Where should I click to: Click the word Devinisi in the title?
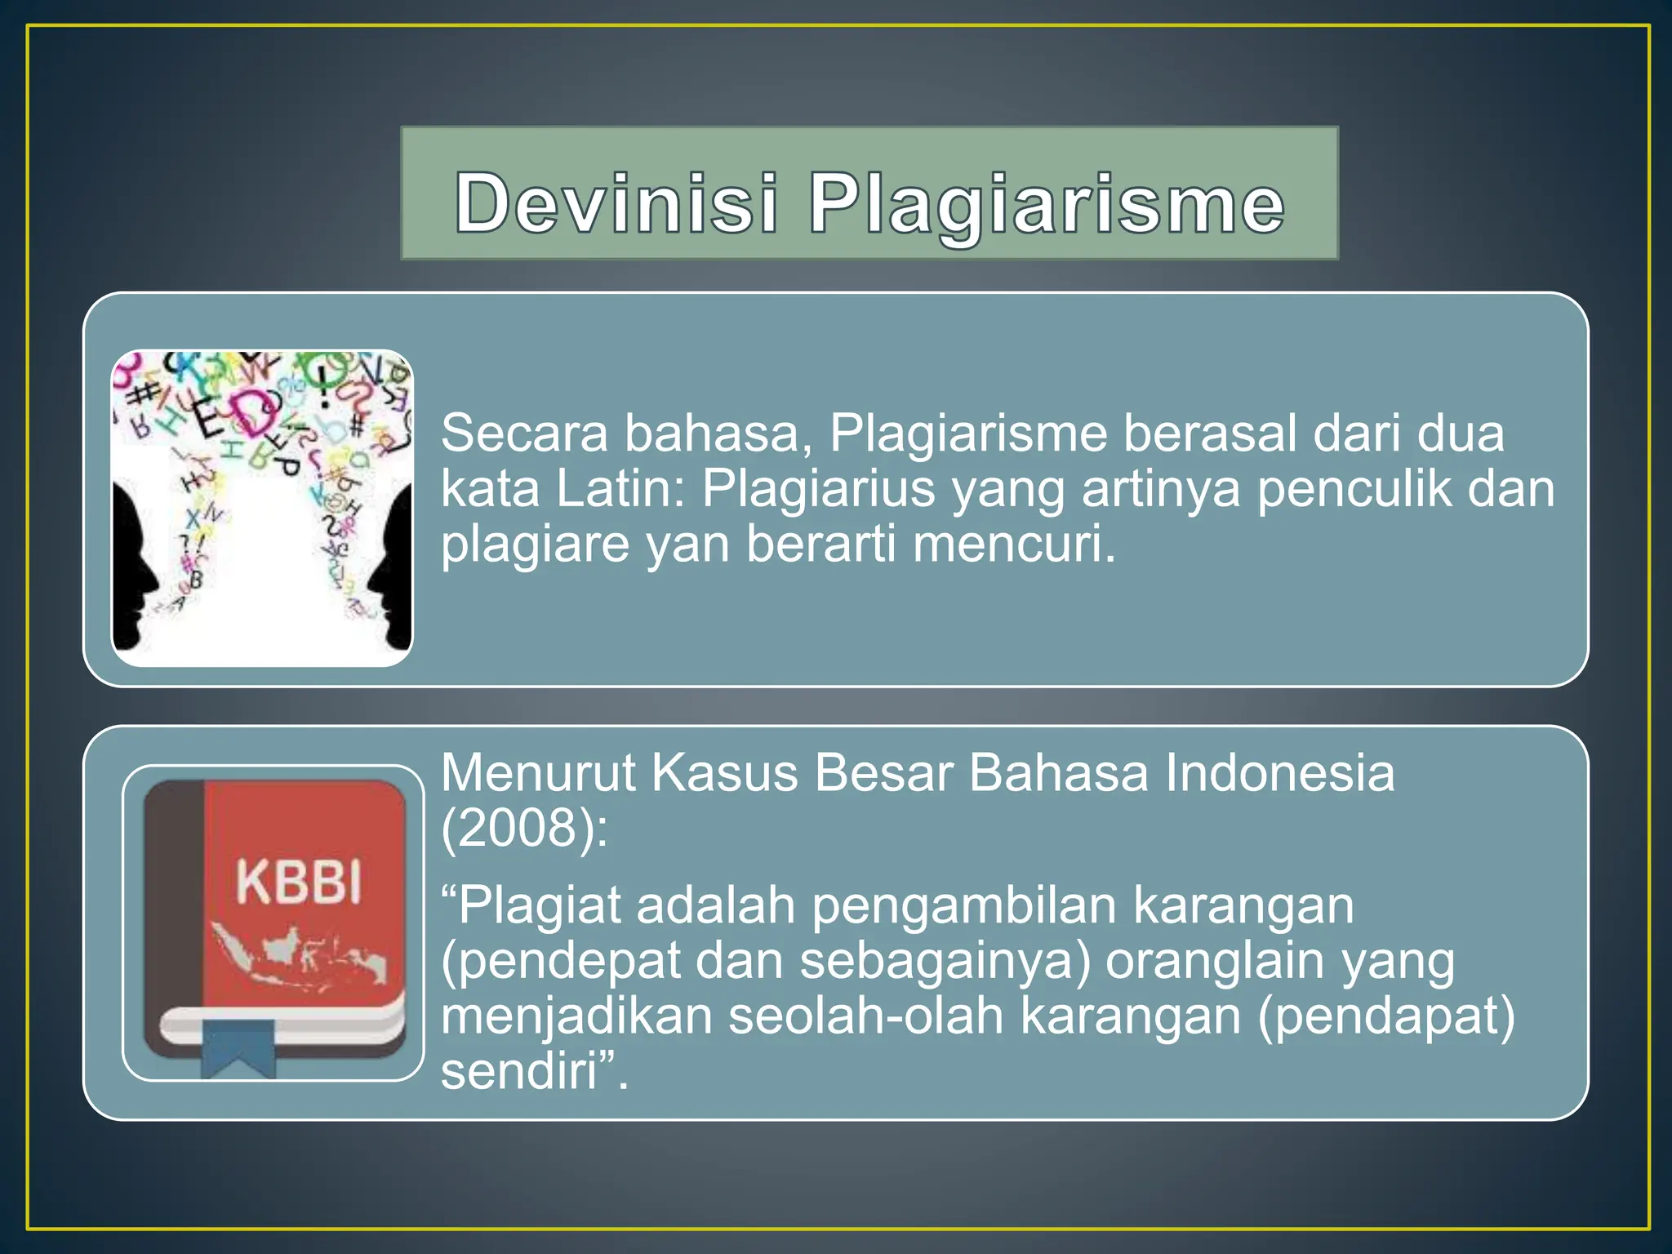pos(616,202)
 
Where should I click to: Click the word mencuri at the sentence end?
pos(1013,545)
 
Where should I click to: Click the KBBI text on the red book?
pos(299,883)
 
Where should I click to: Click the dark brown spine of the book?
pos(173,898)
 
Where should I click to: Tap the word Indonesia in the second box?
pos(1279,772)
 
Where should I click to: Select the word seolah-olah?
pos(865,1016)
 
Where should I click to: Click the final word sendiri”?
pos(535,1071)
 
